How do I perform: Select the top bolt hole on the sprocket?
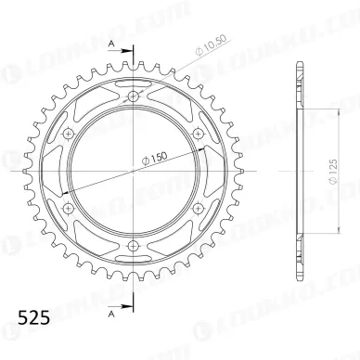(133, 97)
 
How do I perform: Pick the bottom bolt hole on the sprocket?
(133, 245)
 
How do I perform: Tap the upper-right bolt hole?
(197, 135)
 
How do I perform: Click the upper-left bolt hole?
(69, 135)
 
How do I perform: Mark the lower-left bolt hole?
(69, 208)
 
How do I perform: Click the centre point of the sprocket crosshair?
(133, 172)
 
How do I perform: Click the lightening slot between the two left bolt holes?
(59, 172)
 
